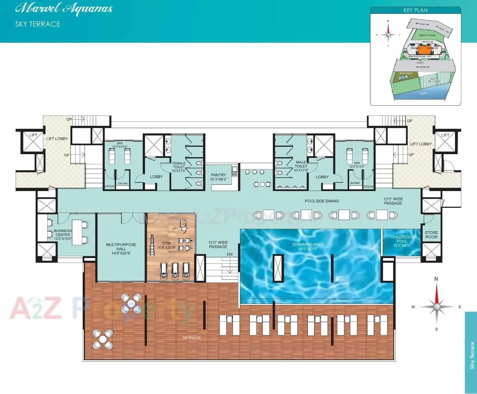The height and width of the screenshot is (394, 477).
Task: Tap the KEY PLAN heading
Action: (x=416, y=10)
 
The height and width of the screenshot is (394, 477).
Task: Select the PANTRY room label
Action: (x=218, y=177)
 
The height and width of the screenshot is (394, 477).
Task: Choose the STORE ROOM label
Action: (x=431, y=235)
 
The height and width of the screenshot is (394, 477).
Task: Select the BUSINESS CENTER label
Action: (x=63, y=233)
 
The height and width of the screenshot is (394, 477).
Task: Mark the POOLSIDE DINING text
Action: (x=322, y=201)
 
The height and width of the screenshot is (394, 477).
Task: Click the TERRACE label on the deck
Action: (x=192, y=338)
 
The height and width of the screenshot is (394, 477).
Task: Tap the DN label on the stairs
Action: (x=230, y=255)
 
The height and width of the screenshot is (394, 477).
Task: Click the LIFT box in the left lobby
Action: (x=33, y=135)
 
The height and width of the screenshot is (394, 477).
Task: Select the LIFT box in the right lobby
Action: (x=445, y=135)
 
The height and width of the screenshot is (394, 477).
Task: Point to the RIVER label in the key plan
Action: (x=423, y=93)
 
